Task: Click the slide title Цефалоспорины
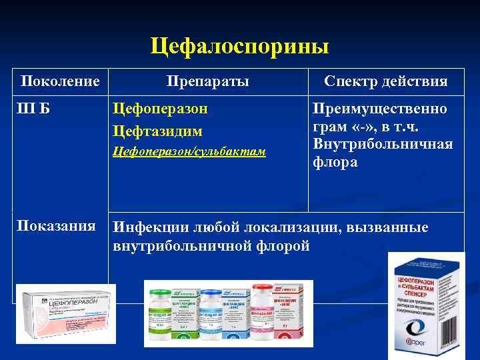[239, 47]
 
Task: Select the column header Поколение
[60, 81]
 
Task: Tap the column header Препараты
[208, 81]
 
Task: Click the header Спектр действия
[385, 81]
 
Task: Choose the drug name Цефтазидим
[157, 132]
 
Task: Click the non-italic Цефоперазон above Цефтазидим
[161, 109]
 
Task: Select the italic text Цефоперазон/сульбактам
[189, 152]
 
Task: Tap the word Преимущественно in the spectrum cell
[380, 109]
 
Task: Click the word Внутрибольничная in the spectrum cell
[383, 145]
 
